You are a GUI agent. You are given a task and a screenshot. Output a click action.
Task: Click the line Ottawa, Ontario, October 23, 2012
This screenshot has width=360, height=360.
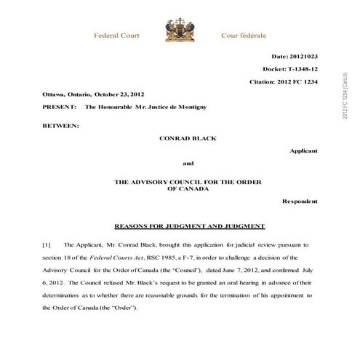coord(87,95)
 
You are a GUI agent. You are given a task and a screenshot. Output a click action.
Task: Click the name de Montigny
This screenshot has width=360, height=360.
coord(187,108)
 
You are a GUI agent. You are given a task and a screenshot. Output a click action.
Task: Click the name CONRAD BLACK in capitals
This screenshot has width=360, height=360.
coord(188,137)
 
